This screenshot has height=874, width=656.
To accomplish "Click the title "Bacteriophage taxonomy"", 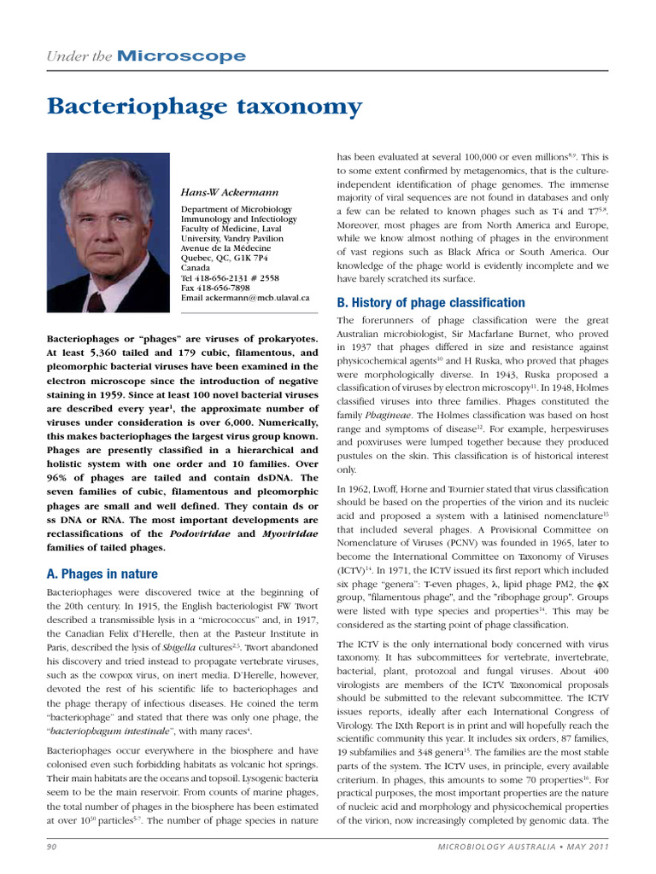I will pyautogui.click(x=204, y=108).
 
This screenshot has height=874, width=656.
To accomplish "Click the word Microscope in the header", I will pyautogui.click(x=181, y=57).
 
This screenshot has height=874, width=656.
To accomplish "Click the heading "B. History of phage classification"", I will pyautogui.click(x=430, y=303).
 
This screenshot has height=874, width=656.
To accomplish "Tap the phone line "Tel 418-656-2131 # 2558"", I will pyautogui.click(x=230, y=278).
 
